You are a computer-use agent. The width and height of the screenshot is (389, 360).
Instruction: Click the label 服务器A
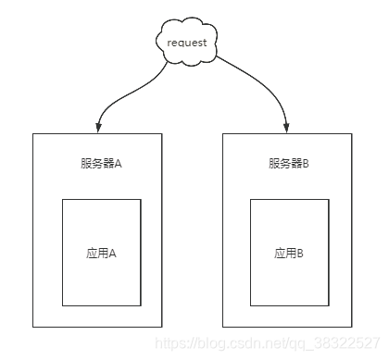coord(101,164)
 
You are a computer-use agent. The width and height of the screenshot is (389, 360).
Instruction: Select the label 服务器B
coord(289,164)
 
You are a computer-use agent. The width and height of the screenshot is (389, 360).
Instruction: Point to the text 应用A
coord(101,252)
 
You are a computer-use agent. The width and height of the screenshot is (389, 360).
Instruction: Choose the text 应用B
coord(289,252)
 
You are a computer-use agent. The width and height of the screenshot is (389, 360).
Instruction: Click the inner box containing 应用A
coord(101,278)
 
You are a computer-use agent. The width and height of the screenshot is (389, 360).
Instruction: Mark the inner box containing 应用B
coord(289,278)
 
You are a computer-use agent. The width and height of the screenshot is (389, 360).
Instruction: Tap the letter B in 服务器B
coord(306,164)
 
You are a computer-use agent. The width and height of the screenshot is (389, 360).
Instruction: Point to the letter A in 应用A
coord(112,252)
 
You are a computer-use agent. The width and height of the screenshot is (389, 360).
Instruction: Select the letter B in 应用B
coord(300,252)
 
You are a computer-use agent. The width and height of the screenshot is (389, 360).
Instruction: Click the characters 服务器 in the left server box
coord(96,164)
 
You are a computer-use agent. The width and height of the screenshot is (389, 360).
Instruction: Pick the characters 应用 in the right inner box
coord(283,252)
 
